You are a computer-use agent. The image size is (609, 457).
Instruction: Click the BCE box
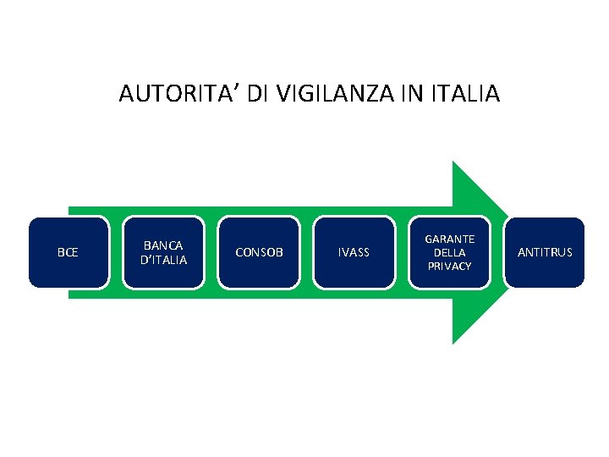69,252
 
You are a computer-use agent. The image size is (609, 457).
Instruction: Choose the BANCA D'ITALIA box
164,252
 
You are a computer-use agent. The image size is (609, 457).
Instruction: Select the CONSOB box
259,252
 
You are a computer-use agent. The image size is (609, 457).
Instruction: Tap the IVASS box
354,252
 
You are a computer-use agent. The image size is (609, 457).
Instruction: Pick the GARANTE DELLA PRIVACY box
449,252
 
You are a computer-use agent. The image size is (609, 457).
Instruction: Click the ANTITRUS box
544,252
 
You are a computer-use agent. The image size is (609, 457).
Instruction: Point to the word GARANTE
449,240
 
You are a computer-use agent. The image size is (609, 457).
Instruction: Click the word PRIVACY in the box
449,266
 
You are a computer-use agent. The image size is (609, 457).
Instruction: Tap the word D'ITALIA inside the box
164,260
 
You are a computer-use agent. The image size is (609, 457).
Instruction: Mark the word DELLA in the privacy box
449,252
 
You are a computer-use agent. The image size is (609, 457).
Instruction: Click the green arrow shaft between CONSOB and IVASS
307,252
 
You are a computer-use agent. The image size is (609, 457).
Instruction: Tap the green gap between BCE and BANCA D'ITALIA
117,252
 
